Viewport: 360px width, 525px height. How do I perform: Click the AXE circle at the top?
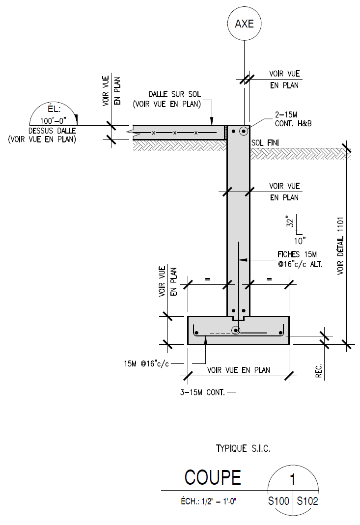(x=244, y=24)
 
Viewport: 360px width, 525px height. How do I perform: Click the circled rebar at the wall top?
(x=243, y=131)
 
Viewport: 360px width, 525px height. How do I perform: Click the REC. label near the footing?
(x=319, y=368)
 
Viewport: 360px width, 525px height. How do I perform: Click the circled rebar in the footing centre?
(x=236, y=331)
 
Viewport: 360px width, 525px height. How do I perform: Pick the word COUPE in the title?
(x=213, y=477)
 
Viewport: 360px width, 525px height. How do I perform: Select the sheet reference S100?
(x=278, y=502)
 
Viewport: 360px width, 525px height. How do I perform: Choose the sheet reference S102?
(x=307, y=502)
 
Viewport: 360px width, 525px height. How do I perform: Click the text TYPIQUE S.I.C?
(x=243, y=448)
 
